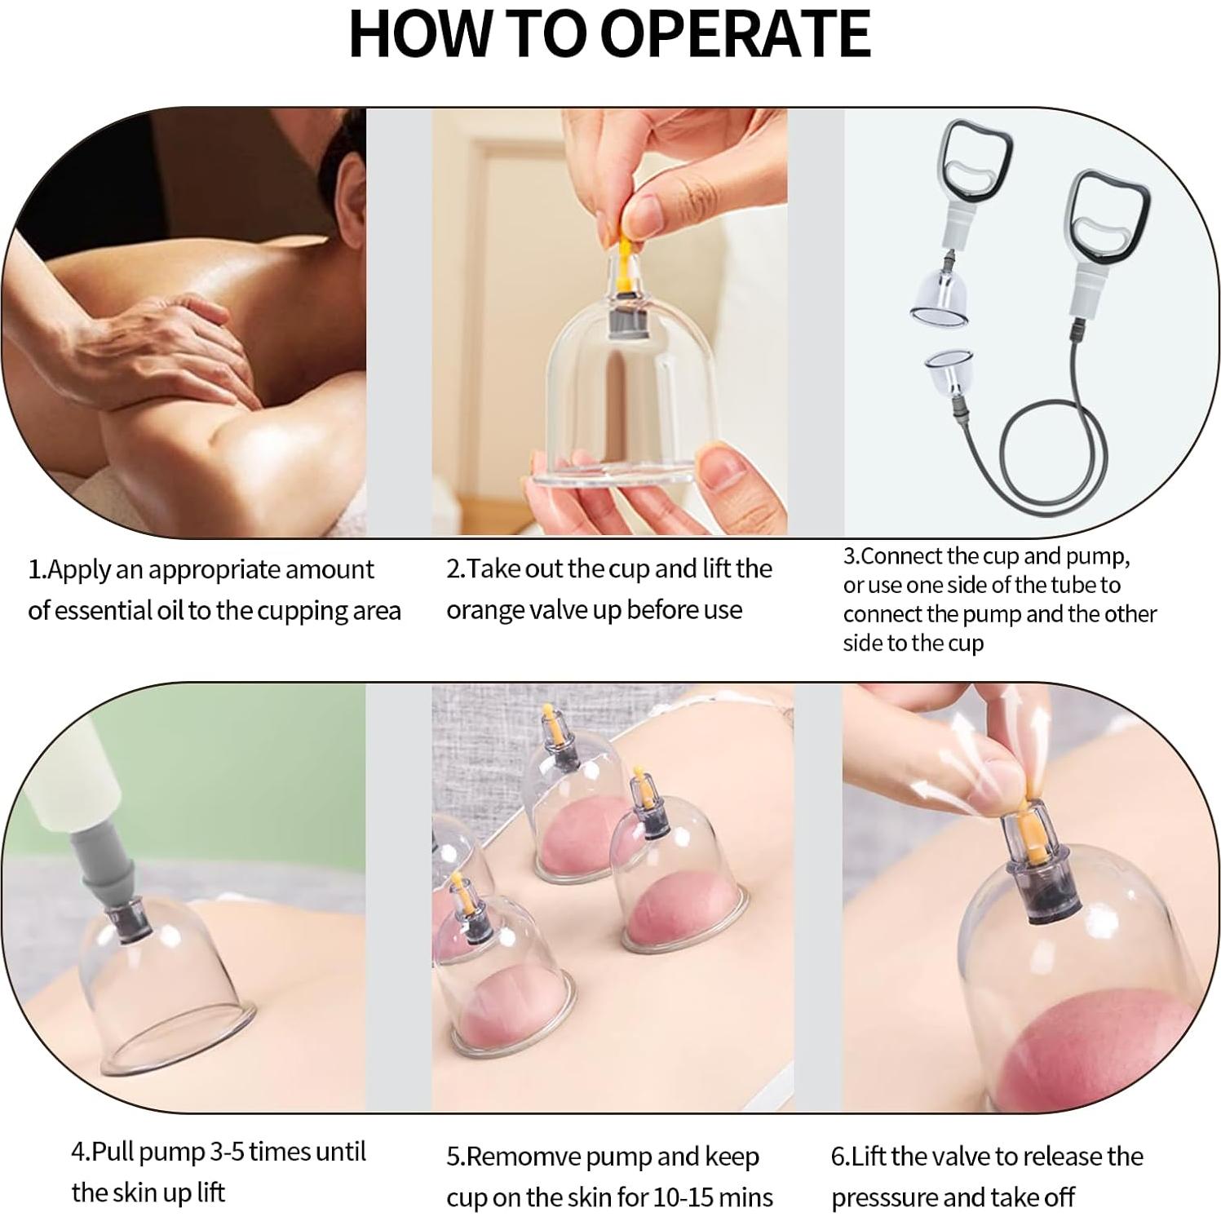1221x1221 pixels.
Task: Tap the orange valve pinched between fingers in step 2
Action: click(x=622, y=246)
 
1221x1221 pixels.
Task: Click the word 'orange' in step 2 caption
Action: click(x=486, y=610)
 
